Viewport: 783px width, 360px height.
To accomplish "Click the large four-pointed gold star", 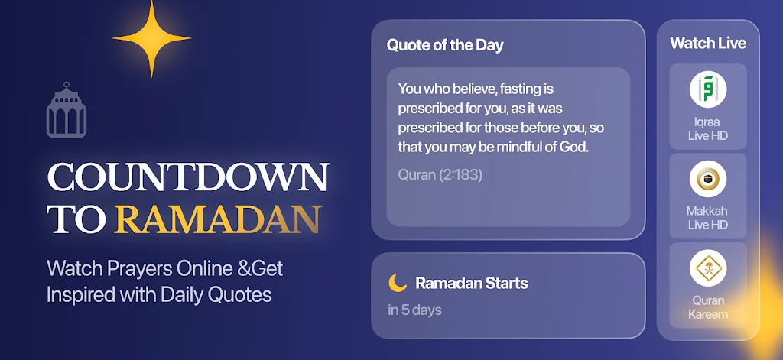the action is [x=151, y=38].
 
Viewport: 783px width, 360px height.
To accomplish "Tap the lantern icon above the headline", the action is [x=67, y=110].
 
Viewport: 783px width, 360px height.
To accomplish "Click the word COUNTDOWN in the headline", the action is [x=188, y=178].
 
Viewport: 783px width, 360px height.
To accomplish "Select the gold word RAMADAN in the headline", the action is [x=217, y=219].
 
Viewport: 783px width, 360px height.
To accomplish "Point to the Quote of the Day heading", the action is [x=445, y=45].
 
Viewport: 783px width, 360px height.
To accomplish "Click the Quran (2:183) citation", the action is [x=440, y=175].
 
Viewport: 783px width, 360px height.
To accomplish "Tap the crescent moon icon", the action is [x=398, y=283].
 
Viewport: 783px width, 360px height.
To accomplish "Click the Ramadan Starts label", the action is [x=471, y=283].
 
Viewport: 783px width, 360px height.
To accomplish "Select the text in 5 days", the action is [x=414, y=310].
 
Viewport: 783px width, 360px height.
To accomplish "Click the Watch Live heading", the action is [x=708, y=43].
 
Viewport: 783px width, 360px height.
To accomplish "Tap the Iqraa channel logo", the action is [x=708, y=89].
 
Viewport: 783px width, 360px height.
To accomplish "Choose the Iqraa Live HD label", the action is [x=708, y=129].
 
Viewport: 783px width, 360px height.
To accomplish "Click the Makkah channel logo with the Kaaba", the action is [x=708, y=179].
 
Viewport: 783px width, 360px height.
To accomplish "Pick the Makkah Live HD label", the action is [x=708, y=218].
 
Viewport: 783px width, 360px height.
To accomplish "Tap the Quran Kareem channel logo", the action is [x=708, y=268].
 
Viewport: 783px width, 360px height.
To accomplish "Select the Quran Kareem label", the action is [x=708, y=307].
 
